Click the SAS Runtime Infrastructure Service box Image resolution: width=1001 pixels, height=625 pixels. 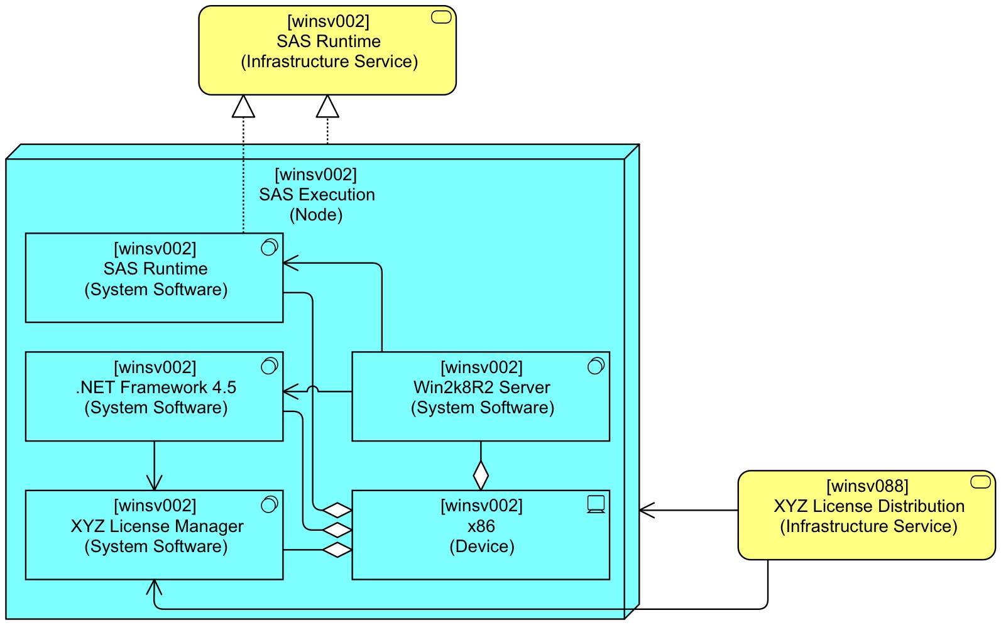(x=327, y=50)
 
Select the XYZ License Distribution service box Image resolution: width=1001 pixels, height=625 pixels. (x=867, y=515)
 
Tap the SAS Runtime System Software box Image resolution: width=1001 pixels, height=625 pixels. (x=154, y=278)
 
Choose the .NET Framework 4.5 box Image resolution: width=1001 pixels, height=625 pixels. (x=154, y=396)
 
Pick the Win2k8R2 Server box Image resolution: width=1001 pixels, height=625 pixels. (x=481, y=396)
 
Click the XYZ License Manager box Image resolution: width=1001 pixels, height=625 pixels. (x=154, y=535)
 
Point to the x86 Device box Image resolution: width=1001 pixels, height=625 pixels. (x=481, y=535)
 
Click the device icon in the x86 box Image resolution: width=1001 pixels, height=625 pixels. (x=596, y=504)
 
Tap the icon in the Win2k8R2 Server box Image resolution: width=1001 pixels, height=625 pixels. (x=596, y=366)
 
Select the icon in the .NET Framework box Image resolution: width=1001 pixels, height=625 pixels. (x=269, y=366)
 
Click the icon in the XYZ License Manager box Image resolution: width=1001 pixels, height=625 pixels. (x=269, y=504)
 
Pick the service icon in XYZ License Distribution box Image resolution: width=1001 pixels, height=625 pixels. (x=980, y=482)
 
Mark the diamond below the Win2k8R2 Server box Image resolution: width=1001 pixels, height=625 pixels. (x=481, y=476)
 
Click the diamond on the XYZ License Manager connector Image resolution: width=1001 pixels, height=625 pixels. (x=337, y=550)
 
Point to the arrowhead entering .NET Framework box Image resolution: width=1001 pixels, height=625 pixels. (x=290, y=392)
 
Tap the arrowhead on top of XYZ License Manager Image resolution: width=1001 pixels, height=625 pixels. (x=154, y=483)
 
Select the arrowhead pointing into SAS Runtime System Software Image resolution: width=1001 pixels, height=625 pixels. (x=290, y=263)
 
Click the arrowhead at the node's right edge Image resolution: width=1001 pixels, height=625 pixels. (x=647, y=510)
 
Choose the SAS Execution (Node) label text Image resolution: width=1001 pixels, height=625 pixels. (x=317, y=195)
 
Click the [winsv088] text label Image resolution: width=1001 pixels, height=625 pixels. (x=867, y=486)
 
